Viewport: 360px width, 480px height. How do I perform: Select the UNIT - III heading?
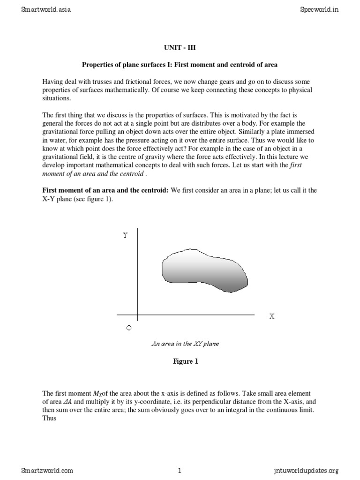coord(179,47)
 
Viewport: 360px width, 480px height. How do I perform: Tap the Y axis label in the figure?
coord(125,235)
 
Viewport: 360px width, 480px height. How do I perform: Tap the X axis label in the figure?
coord(271,316)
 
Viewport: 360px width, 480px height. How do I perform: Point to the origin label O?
coord(129,328)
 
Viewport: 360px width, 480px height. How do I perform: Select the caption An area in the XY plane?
coord(185,343)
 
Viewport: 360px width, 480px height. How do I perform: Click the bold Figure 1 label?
coord(180,361)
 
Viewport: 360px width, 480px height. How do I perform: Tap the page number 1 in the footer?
coord(180,471)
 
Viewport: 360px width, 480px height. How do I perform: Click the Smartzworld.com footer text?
coord(47,471)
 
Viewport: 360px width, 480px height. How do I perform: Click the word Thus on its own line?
coord(50,418)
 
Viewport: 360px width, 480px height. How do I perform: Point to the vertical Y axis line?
coord(137,277)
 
